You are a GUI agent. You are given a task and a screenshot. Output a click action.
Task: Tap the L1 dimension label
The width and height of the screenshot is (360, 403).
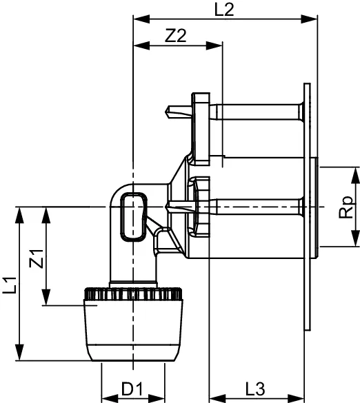(10, 283)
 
